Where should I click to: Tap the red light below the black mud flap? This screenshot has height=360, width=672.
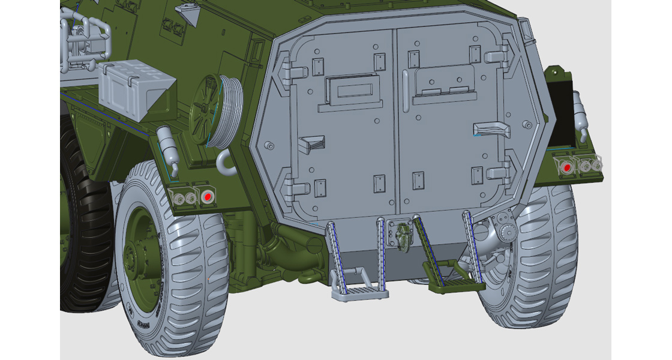click(x=565, y=167)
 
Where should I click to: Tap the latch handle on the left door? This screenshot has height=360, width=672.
click(x=311, y=144)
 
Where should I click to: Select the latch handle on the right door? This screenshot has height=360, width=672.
click(x=488, y=128)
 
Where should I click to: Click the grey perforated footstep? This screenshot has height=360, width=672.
click(x=359, y=293)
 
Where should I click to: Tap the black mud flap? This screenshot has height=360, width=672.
click(x=562, y=115)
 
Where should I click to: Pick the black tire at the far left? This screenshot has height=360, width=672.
click(x=84, y=228)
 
